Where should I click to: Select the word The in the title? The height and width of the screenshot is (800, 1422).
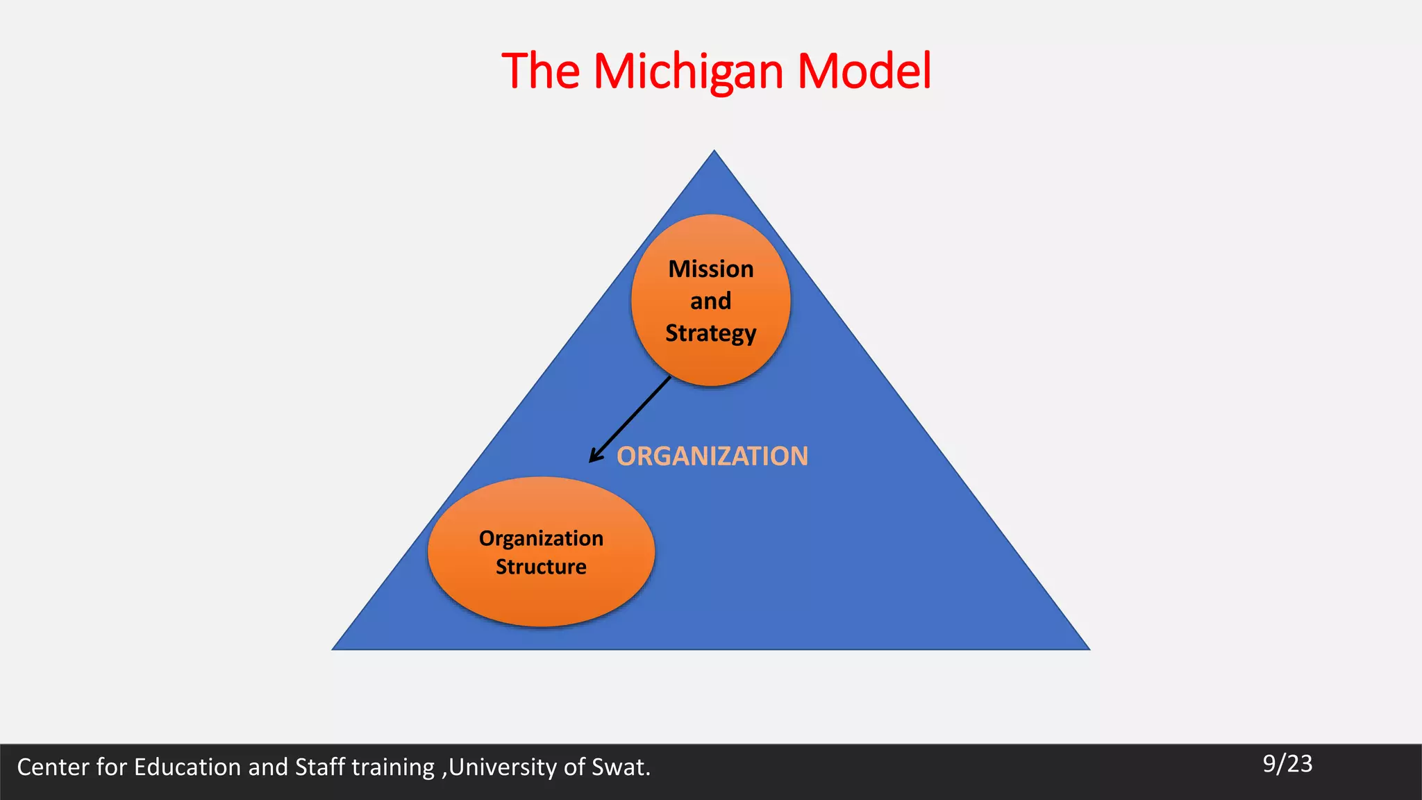(x=540, y=72)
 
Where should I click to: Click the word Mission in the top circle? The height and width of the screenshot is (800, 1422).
(x=711, y=269)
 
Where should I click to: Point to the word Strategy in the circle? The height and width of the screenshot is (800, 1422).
(x=711, y=334)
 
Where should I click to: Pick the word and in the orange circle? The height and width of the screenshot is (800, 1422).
(x=711, y=301)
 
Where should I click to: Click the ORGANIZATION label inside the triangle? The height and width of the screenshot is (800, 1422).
(x=712, y=456)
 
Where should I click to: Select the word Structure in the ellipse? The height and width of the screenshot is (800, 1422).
(x=541, y=567)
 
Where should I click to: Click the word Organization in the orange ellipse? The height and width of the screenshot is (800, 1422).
(x=541, y=538)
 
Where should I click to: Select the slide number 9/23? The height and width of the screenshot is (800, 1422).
(x=1287, y=764)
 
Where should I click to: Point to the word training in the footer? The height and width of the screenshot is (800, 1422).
(x=393, y=767)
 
